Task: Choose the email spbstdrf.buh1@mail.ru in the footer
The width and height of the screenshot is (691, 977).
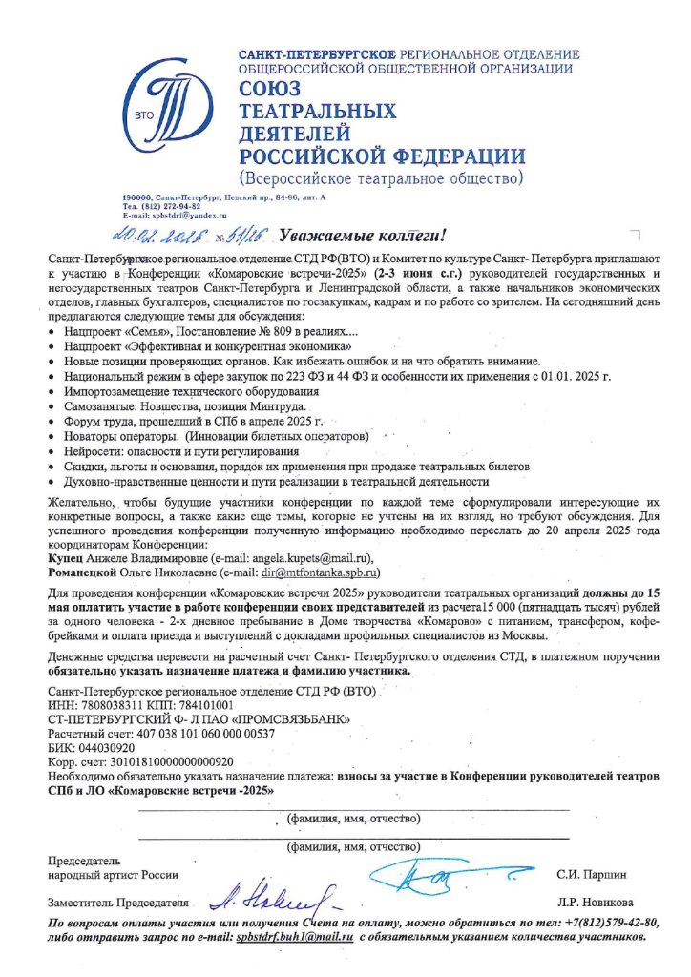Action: pos(296,938)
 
